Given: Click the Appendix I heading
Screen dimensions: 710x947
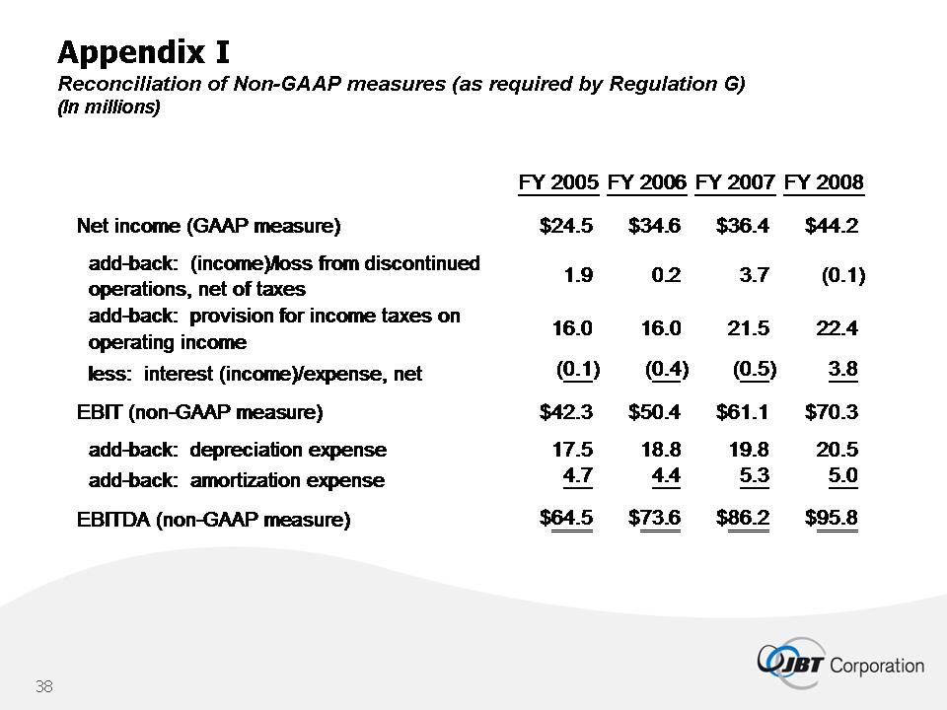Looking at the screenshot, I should [144, 49].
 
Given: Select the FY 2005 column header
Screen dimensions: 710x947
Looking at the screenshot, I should [558, 182].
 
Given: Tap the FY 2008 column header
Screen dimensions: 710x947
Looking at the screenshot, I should [824, 182].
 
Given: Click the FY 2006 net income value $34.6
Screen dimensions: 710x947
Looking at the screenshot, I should [654, 227].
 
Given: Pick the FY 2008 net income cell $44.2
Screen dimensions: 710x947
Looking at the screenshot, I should [832, 227].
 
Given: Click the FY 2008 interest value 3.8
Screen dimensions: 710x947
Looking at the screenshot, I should [843, 370].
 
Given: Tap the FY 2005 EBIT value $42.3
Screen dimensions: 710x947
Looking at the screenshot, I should [566, 412].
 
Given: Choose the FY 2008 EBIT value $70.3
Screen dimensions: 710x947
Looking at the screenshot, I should [832, 412].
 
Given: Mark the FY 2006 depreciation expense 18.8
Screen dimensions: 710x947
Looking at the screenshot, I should [661, 450].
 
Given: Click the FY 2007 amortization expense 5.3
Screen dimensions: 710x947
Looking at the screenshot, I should [755, 478].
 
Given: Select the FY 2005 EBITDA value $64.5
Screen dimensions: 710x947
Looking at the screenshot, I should [566, 518].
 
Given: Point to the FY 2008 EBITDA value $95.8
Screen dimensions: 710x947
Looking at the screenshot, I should [832, 518].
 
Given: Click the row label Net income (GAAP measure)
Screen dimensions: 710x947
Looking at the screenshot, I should [208, 227].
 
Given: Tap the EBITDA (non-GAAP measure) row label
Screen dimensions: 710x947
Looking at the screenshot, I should [213, 519].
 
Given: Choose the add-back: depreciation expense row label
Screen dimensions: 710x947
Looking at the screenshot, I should [238, 451].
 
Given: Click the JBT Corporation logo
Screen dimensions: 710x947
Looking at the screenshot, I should [840, 662].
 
